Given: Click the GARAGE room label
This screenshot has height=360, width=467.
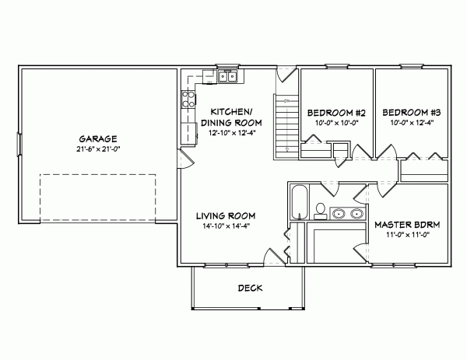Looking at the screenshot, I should tap(92, 137).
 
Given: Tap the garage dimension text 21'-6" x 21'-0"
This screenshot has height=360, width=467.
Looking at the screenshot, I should tap(92, 148).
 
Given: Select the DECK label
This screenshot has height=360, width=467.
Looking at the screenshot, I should tap(250, 288).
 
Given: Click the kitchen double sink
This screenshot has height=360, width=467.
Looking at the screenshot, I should tap(228, 76).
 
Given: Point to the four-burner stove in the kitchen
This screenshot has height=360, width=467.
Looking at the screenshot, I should tap(188, 99).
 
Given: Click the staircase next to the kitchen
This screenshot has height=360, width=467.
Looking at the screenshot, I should tap(286, 124).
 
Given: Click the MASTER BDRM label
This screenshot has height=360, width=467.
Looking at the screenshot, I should tap(407, 225).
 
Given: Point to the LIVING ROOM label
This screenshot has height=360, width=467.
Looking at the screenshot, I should tap(226, 215).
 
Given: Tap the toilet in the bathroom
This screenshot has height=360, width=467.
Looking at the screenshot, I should tap(320, 210).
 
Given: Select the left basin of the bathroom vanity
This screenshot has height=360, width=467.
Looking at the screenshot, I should tap(338, 213).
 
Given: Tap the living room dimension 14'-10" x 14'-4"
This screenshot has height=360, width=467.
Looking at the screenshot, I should tap(226, 226).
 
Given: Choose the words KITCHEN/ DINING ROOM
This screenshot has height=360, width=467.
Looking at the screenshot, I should tap(230, 117).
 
